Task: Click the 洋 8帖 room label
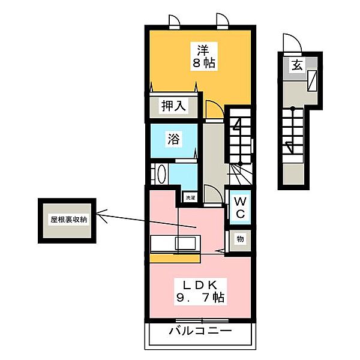(203, 56)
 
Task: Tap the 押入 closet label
(173, 106)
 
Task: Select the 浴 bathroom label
(174, 139)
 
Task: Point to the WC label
(240, 208)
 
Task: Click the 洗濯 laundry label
(190, 198)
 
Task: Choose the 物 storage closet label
(240, 239)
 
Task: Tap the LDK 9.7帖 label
(200, 292)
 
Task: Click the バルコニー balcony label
(200, 331)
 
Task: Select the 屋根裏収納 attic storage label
(69, 220)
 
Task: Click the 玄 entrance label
(297, 65)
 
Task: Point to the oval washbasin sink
(161, 174)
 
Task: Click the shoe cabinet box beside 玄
(312, 80)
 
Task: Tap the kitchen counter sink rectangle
(185, 244)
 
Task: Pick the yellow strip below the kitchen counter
(175, 258)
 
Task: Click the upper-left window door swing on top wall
(175, 22)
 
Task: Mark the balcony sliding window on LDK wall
(202, 320)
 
